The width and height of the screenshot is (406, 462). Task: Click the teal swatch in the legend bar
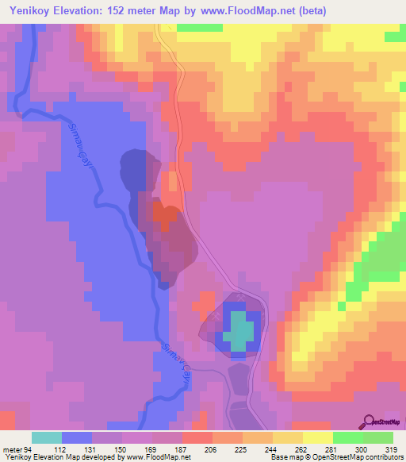[x=47, y=437]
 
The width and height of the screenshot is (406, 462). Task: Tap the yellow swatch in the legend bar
[x=317, y=437]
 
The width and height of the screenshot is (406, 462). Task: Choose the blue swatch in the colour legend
[x=77, y=437]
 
